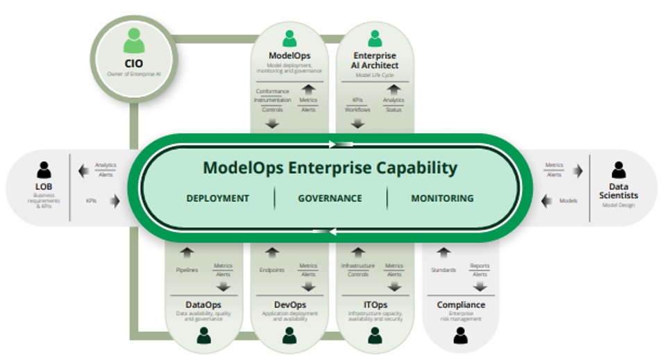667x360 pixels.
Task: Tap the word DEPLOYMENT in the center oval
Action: (217, 198)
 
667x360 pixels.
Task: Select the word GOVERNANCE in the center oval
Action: (330, 198)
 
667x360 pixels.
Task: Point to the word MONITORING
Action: (442, 198)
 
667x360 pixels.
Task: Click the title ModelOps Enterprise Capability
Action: (330, 168)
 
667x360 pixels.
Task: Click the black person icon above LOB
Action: (44, 170)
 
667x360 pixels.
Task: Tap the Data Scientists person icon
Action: (618, 170)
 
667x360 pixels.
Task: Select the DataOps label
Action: (203, 305)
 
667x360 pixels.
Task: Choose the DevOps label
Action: (289, 305)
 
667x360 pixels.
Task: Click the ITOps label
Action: (375, 305)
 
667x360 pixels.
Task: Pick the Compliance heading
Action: (461, 305)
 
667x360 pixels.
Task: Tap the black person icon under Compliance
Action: (460, 336)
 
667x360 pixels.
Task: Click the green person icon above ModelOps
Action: (289, 38)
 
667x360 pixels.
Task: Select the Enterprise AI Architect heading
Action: (375, 60)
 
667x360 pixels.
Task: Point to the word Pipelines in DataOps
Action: (187, 270)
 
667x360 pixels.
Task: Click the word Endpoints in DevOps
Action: (271, 270)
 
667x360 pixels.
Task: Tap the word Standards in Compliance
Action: (444, 270)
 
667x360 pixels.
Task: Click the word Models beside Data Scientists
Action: (568, 201)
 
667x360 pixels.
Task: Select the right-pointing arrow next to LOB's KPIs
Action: (114, 201)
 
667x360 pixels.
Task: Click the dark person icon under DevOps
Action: (289, 336)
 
